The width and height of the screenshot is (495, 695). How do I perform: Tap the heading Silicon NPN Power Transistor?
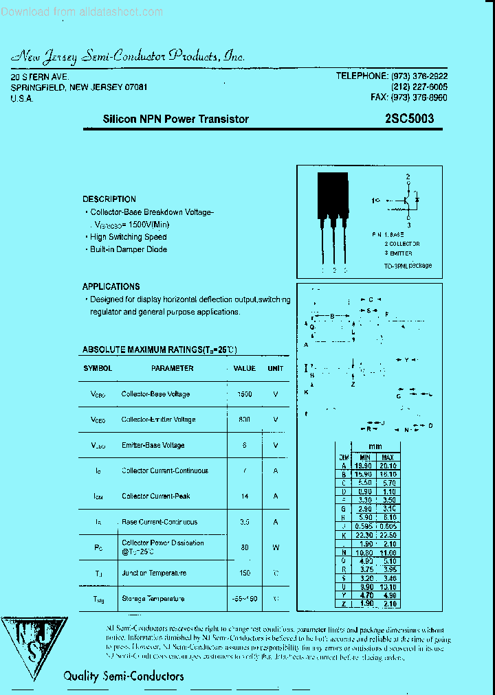(175, 119)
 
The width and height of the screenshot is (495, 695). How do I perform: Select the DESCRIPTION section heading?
(109, 199)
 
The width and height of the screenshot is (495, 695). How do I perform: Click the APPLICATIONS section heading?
(111, 286)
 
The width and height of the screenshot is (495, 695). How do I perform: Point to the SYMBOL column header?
(98, 368)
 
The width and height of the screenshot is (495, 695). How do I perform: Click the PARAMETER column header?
(172, 368)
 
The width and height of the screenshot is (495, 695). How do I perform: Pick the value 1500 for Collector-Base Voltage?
(244, 394)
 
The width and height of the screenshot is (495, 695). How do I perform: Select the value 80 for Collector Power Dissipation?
(244, 547)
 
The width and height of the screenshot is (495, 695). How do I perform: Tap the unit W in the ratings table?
(276, 547)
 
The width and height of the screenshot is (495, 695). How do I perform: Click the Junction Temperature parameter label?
(155, 573)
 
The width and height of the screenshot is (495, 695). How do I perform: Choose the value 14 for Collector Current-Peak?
(244, 496)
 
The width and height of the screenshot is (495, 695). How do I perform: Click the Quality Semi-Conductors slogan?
(123, 676)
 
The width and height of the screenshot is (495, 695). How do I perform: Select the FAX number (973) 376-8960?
(409, 98)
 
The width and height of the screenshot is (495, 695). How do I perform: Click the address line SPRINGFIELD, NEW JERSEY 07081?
(79, 87)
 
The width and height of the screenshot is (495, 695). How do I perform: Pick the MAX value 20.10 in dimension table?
(388, 466)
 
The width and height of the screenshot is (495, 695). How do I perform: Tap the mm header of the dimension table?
(375, 446)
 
